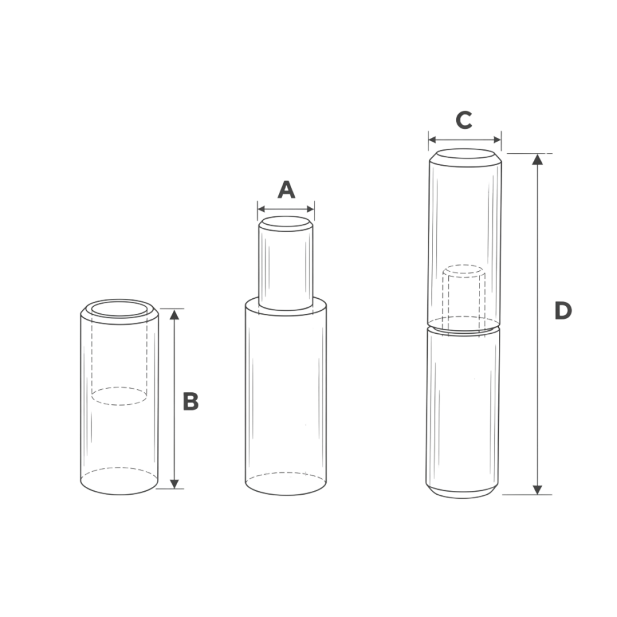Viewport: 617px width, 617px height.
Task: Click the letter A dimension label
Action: (286, 190)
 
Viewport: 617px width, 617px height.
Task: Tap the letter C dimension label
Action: (463, 121)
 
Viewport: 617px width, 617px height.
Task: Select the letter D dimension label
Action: (562, 311)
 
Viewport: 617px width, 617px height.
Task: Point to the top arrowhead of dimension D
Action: (537, 158)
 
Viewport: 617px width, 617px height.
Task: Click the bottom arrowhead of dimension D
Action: (537, 489)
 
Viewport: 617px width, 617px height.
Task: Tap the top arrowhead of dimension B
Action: (174, 314)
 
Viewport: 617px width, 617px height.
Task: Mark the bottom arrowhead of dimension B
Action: (174, 483)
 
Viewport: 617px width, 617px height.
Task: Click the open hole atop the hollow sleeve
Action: (119, 310)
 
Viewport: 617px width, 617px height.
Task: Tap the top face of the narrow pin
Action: (286, 223)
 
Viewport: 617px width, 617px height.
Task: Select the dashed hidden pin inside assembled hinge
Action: (464, 295)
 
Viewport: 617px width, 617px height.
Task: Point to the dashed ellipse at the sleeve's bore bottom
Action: (119, 396)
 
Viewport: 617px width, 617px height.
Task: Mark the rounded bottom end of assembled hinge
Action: (463, 491)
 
